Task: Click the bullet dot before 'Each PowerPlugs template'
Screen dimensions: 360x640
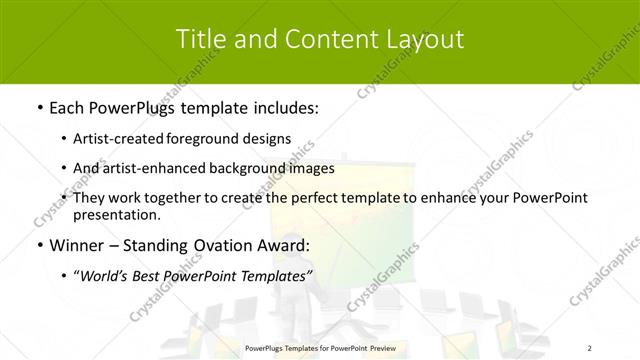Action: (x=38, y=107)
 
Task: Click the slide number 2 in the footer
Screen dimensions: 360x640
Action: (x=591, y=348)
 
